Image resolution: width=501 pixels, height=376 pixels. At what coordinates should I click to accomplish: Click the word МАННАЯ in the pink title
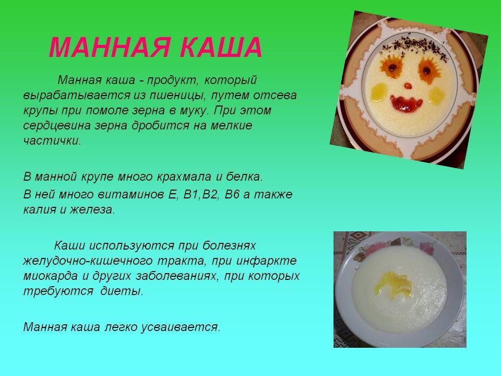109,48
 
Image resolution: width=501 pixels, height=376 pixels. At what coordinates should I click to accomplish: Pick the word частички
52,140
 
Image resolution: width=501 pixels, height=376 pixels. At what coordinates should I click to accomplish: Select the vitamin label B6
232,194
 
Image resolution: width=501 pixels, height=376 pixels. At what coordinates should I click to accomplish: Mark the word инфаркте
267,261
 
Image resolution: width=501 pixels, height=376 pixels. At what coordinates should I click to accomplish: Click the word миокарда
50,276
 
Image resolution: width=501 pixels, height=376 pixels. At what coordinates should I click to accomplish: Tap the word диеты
122,291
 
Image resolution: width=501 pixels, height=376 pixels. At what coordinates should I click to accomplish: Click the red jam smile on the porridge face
406,103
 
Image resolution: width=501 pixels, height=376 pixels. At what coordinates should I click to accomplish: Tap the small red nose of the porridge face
408,86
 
